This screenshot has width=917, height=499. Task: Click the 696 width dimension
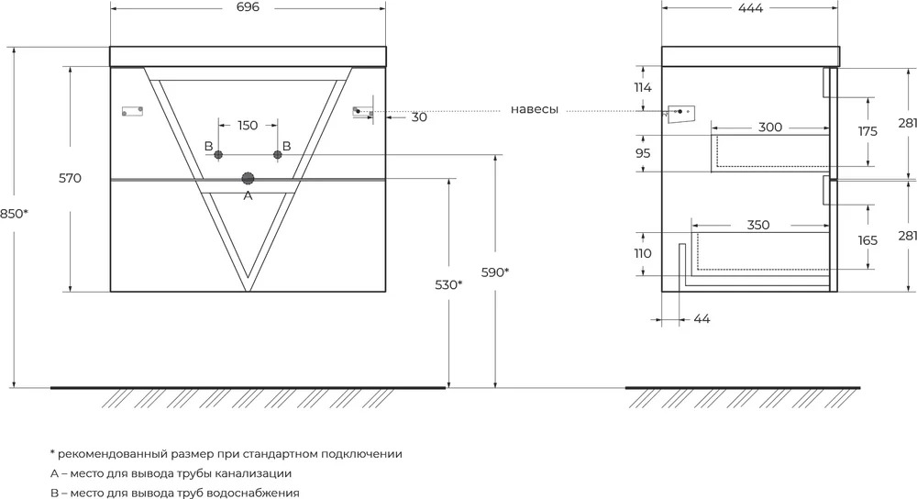click(248, 7)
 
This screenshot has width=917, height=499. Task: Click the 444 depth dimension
click(751, 7)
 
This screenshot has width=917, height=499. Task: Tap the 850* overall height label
click(14, 214)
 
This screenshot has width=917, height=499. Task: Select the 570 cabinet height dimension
click(70, 179)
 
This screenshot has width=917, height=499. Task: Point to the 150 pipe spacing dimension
click(248, 125)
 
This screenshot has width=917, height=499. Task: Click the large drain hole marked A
click(248, 179)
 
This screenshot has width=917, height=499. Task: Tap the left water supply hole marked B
click(219, 154)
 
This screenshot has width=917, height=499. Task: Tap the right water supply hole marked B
click(278, 154)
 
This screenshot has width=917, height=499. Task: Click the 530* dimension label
click(448, 285)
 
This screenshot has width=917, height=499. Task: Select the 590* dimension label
click(495, 272)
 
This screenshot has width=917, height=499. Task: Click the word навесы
click(535, 109)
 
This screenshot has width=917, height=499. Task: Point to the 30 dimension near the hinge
click(419, 117)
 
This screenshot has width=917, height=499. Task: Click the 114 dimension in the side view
click(643, 88)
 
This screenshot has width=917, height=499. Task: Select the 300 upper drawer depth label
click(770, 127)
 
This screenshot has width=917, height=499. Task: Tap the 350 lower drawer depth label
click(758, 225)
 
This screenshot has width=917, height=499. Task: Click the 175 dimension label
click(867, 131)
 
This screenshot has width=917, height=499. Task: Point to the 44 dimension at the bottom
click(702, 319)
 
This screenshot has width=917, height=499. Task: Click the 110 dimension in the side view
click(643, 253)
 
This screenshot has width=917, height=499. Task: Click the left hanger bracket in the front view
click(133, 111)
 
